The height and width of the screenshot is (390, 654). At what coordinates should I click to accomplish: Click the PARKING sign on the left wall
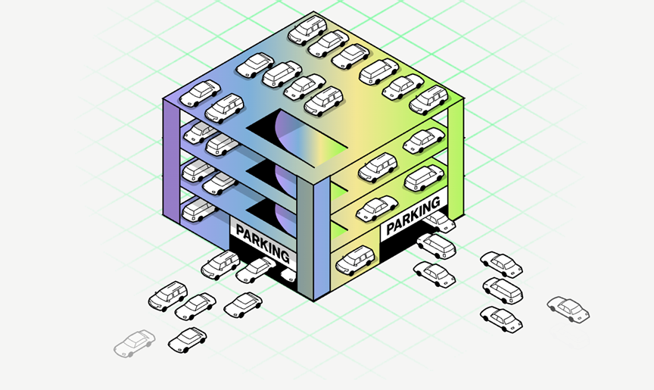[x=263, y=242]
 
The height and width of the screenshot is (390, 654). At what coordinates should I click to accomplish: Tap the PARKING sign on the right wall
[x=413, y=214]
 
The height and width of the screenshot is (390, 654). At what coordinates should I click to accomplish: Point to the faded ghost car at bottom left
[x=134, y=343]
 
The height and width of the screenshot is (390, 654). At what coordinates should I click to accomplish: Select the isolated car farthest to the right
[x=568, y=309]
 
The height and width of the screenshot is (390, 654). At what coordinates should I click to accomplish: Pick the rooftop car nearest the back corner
[x=308, y=30]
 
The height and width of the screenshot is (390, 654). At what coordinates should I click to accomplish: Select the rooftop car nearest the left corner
[x=200, y=93]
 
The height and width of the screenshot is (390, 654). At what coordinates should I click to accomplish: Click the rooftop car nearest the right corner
[x=428, y=100]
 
